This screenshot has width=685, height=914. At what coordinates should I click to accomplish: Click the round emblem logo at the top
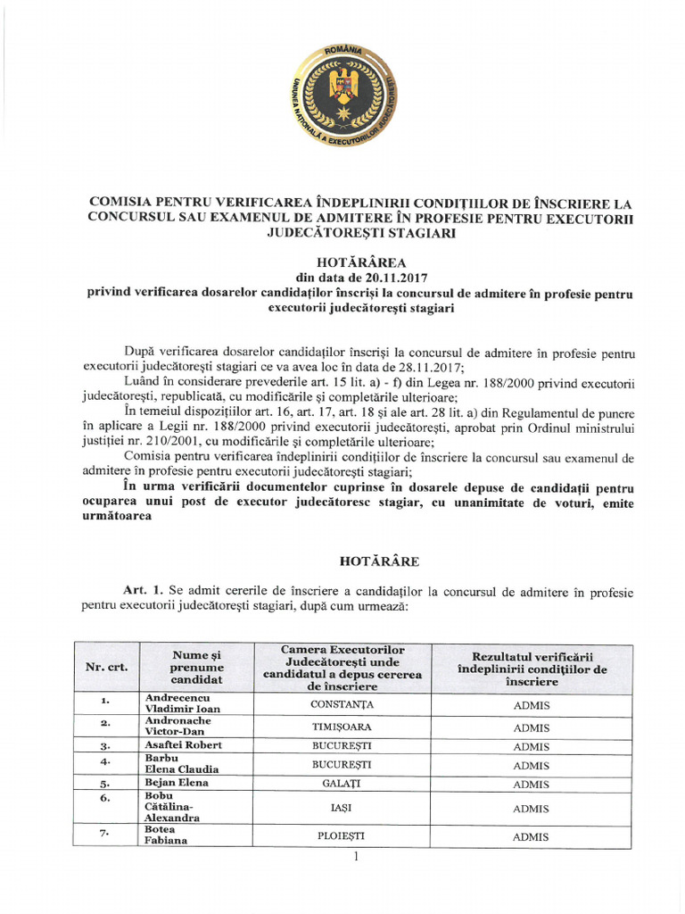342,90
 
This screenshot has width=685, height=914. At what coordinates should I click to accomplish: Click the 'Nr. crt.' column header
105,668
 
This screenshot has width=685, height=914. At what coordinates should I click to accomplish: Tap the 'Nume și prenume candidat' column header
196,668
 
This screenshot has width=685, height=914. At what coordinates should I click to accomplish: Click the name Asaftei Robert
183,745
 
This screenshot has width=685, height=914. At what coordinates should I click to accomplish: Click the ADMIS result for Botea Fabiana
532,837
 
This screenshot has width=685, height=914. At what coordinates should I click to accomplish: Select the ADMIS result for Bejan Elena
532,785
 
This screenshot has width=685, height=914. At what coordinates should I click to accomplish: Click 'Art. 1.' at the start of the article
145,591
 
